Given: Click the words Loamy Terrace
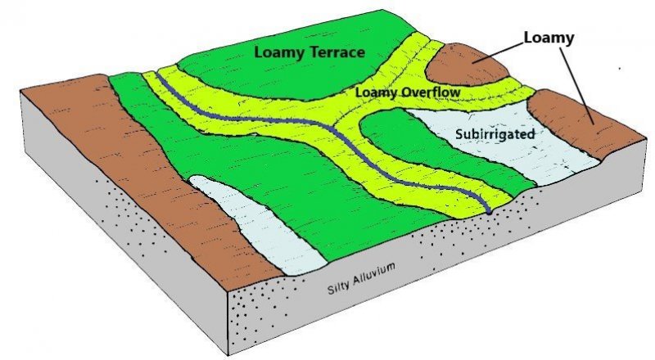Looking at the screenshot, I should pos(309,52).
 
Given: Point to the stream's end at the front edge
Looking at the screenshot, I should pos(488,211).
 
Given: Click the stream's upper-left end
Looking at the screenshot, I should pos(160,78).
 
